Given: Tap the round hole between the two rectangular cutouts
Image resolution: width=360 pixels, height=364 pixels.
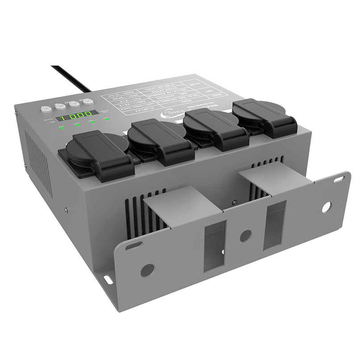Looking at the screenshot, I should click(x=245, y=236).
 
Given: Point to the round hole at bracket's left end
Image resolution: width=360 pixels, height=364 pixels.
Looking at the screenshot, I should click(x=147, y=269).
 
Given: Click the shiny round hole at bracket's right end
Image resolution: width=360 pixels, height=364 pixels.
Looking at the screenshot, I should click(x=326, y=207).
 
